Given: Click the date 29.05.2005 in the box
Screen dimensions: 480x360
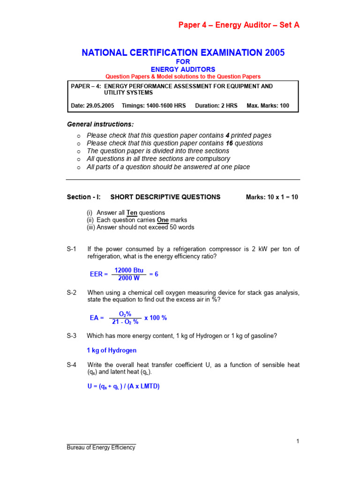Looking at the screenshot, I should click(x=100, y=106).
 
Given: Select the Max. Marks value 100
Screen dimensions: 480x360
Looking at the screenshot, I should click(x=284, y=106).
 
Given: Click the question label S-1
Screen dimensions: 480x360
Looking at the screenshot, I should click(x=72, y=249).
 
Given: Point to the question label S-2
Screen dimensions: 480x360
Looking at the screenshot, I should click(x=72, y=292).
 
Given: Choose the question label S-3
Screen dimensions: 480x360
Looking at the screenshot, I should click(x=72, y=336).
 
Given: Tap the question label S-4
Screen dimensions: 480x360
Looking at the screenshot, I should click(x=72, y=365).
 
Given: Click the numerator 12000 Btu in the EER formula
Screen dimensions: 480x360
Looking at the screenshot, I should click(x=128, y=270).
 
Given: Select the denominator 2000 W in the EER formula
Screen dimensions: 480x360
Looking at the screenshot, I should click(x=128, y=278).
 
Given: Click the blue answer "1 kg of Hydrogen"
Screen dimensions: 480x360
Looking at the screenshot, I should click(x=112, y=350).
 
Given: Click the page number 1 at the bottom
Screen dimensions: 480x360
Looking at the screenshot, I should click(x=298, y=441).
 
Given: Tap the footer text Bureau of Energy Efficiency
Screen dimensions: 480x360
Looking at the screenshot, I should click(x=101, y=448).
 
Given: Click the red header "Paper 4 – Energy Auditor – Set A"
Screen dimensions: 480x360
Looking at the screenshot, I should click(x=239, y=25).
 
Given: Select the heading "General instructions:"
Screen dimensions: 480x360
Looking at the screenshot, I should click(x=100, y=124).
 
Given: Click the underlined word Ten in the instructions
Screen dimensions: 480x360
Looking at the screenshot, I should click(x=132, y=212).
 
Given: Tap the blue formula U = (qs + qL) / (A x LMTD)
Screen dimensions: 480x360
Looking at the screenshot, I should click(x=123, y=387).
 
